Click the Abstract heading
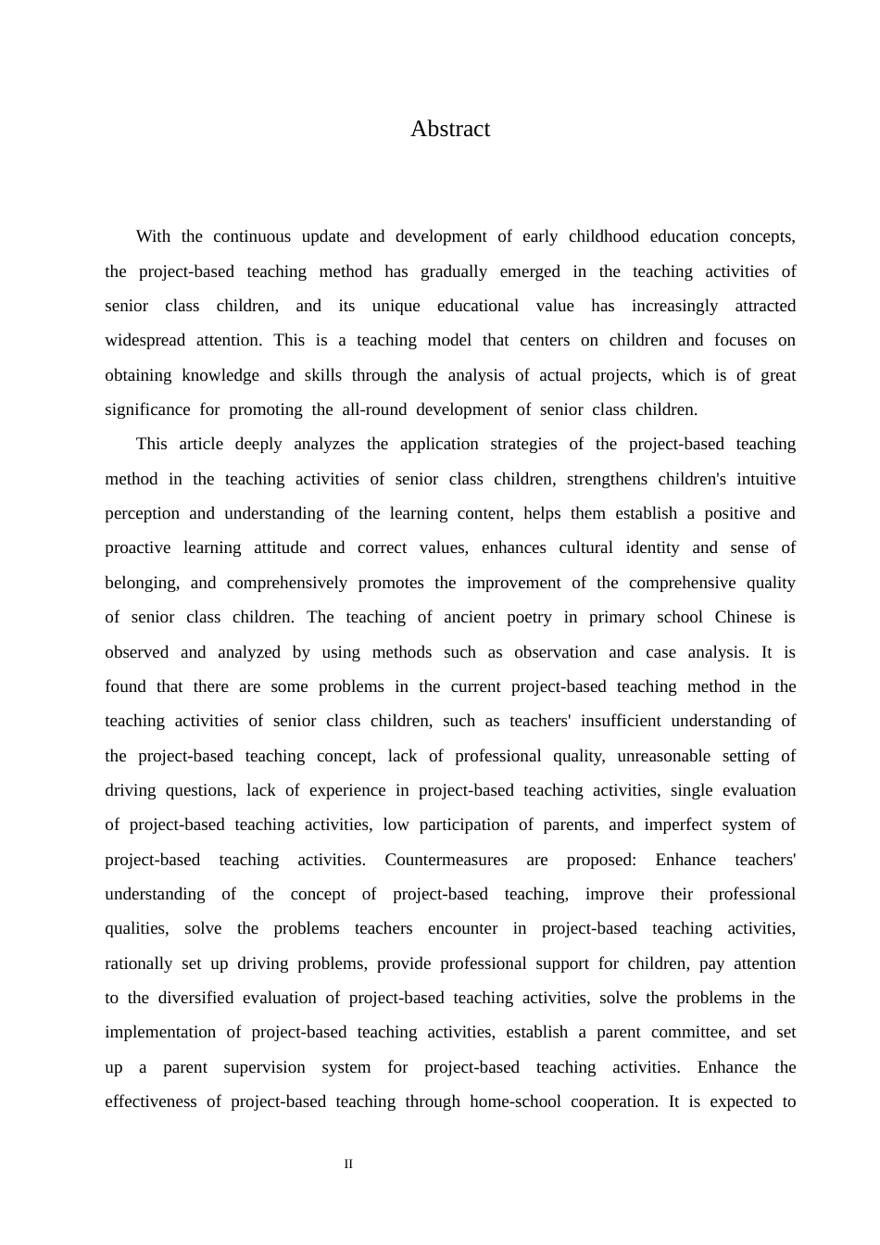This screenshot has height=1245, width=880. (x=450, y=129)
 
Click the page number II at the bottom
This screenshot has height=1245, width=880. (x=348, y=1164)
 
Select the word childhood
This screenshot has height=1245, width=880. (x=603, y=236)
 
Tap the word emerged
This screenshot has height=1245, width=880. (x=530, y=271)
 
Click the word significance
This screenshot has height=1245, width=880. (x=147, y=409)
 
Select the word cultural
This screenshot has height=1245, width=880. (x=585, y=547)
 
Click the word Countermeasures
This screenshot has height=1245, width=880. (x=446, y=860)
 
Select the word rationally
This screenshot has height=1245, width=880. (x=138, y=963)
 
